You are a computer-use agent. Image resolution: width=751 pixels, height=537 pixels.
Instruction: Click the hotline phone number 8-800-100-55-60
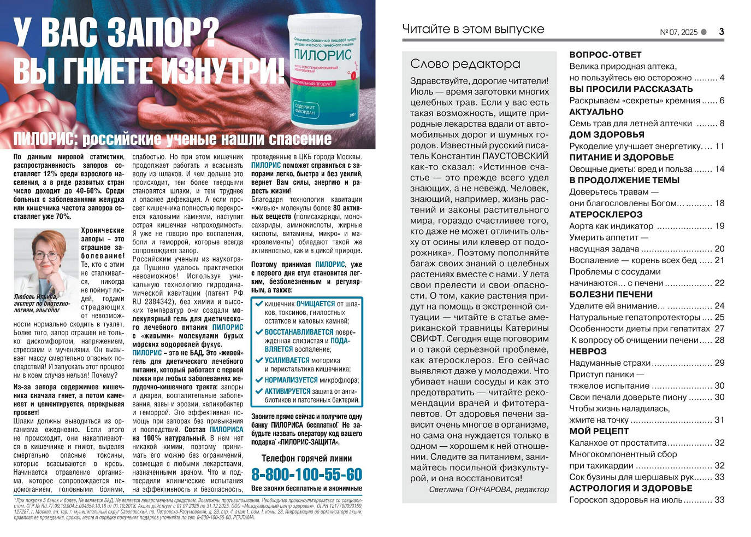click(306, 474)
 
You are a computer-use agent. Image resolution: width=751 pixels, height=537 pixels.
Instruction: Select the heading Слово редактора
click(465, 64)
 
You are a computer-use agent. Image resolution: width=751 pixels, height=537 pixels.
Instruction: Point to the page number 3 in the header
click(721, 32)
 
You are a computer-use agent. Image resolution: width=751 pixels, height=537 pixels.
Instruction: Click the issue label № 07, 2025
click(678, 32)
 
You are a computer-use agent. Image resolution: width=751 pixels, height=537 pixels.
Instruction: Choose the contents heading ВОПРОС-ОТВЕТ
click(605, 55)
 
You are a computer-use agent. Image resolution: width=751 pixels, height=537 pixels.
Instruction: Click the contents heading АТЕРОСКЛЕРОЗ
click(606, 214)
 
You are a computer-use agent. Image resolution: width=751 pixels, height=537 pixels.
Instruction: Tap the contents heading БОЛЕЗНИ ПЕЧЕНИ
click(611, 294)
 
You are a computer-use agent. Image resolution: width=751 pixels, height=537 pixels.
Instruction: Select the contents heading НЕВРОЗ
click(588, 351)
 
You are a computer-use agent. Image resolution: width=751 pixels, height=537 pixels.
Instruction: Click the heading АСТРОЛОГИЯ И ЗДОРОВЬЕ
click(630, 488)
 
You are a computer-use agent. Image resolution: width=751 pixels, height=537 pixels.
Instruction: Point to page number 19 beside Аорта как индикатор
click(719, 226)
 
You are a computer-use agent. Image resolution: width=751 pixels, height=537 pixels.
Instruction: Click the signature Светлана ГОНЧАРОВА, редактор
click(488, 489)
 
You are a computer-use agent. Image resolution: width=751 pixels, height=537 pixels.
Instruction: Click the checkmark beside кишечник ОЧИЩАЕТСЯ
click(259, 303)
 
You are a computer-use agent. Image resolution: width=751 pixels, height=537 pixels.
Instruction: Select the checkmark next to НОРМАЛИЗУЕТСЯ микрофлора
click(259, 380)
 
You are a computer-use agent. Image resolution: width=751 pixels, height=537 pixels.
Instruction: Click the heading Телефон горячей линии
click(306, 458)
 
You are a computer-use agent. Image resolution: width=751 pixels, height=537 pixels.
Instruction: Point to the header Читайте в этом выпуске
click(473, 29)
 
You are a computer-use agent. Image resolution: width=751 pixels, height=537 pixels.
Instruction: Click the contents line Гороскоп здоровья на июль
click(625, 499)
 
